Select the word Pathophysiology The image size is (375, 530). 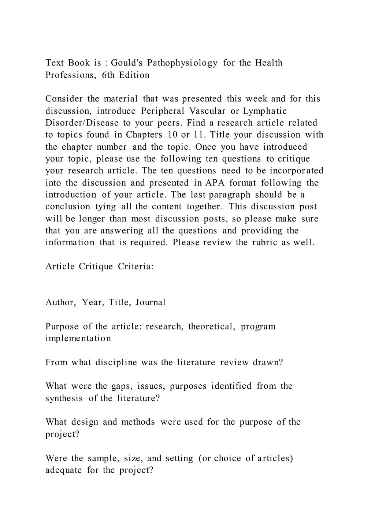point(182,63)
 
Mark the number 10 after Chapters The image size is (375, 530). point(172,135)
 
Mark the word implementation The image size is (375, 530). point(78,338)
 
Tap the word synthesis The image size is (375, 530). point(64,398)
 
